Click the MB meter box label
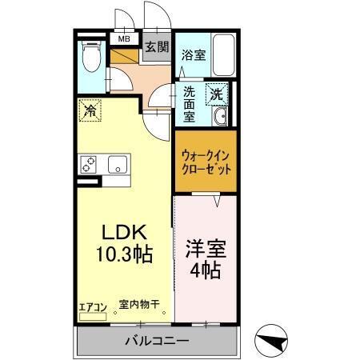[124, 38]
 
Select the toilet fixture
[90, 58]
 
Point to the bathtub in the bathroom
[224, 54]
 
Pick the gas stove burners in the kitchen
[89, 164]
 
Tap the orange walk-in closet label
[206, 163]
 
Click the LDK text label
[124, 233]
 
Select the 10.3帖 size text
[124, 255]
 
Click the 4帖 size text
[206, 270]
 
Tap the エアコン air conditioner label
[93, 304]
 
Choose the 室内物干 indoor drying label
[139, 304]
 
